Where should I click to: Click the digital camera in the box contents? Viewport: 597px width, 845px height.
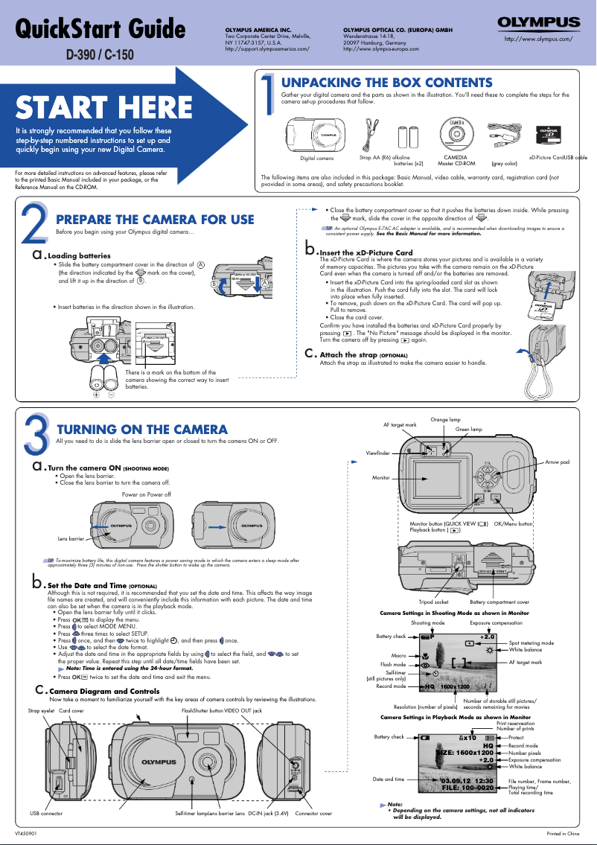click(x=317, y=135)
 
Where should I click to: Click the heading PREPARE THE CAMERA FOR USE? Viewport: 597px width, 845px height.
click(x=155, y=220)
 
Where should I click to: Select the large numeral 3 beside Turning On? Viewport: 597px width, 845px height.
click(x=36, y=432)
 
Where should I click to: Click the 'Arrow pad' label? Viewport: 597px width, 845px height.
click(x=558, y=462)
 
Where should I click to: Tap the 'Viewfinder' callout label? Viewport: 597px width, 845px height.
click(x=377, y=453)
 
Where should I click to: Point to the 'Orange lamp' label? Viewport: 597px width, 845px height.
click(x=446, y=420)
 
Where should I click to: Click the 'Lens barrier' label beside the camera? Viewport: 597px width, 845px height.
click(x=71, y=538)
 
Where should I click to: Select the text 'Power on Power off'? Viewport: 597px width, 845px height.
click(x=146, y=494)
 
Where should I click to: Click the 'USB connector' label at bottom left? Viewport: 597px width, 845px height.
click(x=46, y=814)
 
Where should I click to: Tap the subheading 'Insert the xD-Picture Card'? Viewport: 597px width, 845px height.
click(x=365, y=253)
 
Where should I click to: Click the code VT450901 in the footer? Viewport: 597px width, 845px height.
click(x=28, y=833)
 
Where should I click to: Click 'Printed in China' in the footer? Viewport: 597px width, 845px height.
click(x=563, y=833)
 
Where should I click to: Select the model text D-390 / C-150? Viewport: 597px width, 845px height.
click(x=100, y=54)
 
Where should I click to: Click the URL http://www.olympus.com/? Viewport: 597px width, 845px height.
click(x=538, y=38)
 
